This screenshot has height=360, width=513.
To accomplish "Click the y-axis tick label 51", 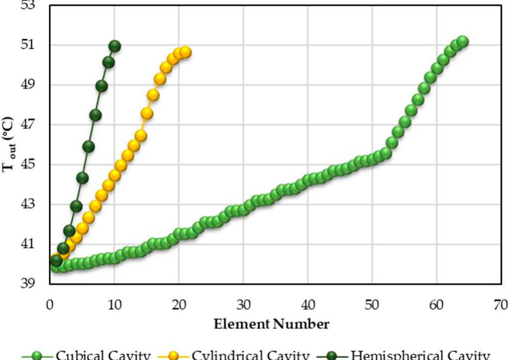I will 36,45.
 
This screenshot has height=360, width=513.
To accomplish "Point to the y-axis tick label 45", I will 36,165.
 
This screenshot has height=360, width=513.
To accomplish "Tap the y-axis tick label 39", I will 36,284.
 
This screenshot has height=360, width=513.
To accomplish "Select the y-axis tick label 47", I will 36,125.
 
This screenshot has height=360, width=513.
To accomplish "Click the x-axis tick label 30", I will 243,305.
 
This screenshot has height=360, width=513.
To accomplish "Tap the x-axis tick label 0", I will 50,305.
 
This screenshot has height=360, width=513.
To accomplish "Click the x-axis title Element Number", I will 272,324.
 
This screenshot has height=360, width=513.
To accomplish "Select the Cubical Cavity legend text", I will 102,354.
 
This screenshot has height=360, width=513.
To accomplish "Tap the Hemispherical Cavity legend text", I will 420,354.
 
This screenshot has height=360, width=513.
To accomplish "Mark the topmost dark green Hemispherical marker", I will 115,46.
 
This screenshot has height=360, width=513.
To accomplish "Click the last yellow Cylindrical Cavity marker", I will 185,52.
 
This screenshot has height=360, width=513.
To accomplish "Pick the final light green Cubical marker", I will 462,42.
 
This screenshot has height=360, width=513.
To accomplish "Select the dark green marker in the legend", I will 333,355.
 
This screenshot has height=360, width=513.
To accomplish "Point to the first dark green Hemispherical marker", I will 56,261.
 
